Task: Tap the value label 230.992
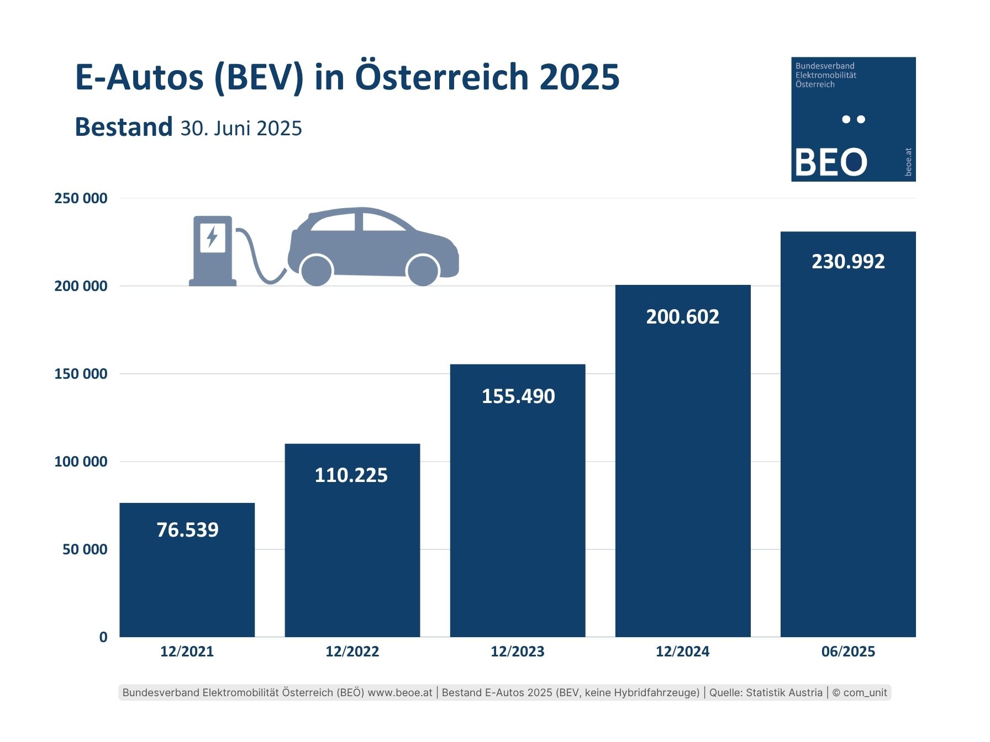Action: (848, 261)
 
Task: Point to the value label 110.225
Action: (351, 475)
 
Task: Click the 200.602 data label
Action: (683, 317)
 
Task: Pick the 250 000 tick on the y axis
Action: (81, 198)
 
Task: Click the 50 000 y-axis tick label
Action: (85, 549)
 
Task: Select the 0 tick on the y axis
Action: (103, 637)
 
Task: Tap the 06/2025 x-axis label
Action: (848, 651)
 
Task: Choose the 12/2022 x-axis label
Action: (352, 651)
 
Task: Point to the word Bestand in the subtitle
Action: (124, 127)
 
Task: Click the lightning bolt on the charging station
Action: (212, 237)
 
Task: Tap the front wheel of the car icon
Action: (423, 271)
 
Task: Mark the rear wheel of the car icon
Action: (316, 271)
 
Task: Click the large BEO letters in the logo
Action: (830, 162)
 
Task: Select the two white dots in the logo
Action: (854, 119)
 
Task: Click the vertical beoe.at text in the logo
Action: (908, 162)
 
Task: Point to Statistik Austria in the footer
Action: (784, 692)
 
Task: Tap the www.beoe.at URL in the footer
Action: (400, 692)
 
